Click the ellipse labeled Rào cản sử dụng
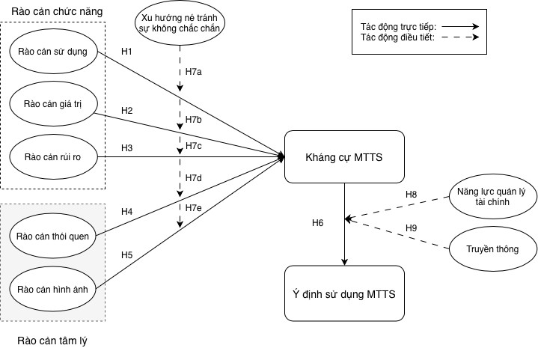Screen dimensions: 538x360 tap(53, 51)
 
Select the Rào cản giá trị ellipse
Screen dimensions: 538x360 tap(53, 103)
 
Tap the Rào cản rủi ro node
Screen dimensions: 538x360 tap(53, 157)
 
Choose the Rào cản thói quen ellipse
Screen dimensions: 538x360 tap(53, 236)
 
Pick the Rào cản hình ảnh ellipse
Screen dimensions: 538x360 tap(53, 289)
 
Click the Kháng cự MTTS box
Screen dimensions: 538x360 tap(344, 157)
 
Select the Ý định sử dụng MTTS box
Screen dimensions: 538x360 tap(344, 293)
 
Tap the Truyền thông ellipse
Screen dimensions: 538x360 tap(492, 248)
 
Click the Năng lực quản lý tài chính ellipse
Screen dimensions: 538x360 tap(492, 196)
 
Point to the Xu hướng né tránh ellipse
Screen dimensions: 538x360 tap(180, 23)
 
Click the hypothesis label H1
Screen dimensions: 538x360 tap(126, 52)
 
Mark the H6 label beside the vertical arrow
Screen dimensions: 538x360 tap(318, 223)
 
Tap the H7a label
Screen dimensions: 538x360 tap(194, 72)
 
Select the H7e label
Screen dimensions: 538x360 tap(194, 208)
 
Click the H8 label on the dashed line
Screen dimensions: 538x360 tap(411, 195)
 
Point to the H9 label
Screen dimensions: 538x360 tap(411, 228)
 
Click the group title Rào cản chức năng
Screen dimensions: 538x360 tap(57, 12)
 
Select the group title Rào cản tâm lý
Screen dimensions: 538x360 tap(52, 341)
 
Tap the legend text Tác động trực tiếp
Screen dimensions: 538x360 tap(398, 27)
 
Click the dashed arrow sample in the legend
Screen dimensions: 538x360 tap(460, 37)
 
